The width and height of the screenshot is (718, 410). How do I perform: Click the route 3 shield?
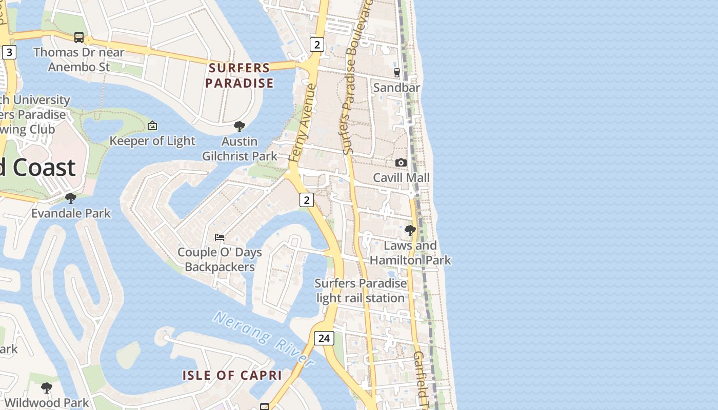click(x=9, y=52)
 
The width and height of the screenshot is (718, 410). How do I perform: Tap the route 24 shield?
click(x=324, y=338)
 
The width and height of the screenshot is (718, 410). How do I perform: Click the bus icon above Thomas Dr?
click(x=79, y=37)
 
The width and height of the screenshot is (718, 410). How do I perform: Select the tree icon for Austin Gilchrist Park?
click(x=239, y=126)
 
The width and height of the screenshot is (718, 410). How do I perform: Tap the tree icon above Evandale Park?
click(x=71, y=198)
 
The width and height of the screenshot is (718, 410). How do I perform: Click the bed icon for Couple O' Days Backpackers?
click(x=220, y=237)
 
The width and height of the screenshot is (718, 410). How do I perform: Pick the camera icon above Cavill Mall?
click(x=401, y=162)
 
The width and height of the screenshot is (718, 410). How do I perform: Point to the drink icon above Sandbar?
click(x=396, y=73)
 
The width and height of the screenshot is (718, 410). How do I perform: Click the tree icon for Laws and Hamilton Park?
click(x=410, y=230)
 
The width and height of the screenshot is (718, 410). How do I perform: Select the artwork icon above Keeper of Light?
click(x=152, y=126)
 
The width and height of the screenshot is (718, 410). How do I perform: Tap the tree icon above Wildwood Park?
click(x=47, y=388)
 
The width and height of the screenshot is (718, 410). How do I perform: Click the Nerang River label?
click(x=264, y=338)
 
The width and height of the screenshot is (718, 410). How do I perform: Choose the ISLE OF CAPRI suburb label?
click(x=232, y=375)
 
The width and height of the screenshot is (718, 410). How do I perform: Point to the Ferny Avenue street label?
click(x=302, y=123)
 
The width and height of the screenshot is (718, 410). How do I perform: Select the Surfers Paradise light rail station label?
click(x=361, y=291)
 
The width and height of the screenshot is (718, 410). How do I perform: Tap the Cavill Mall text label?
click(x=401, y=178)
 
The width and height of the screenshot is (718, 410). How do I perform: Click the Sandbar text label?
click(x=396, y=88)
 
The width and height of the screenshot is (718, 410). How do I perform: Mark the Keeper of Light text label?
click(x=152, y=141)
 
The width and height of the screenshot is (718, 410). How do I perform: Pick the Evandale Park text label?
click(x=71, y=213)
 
